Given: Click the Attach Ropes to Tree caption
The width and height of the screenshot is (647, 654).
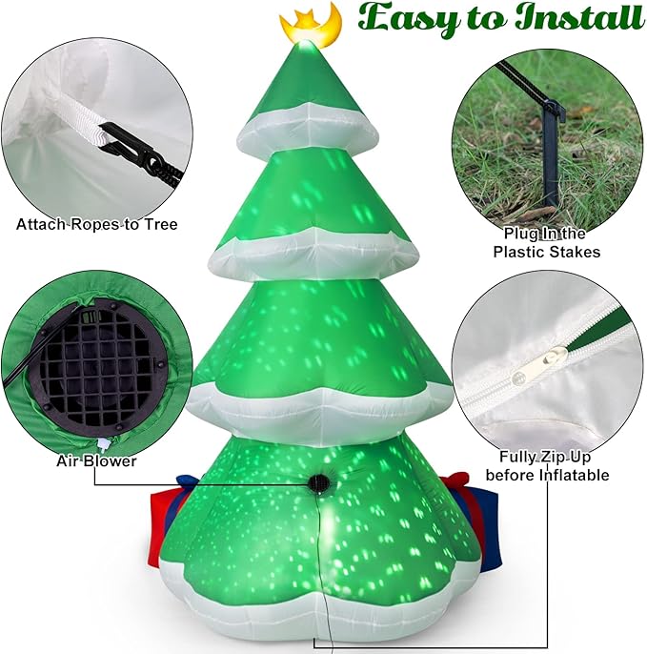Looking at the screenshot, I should point(96,225).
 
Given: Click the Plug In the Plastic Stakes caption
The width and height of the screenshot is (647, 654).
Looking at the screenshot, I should point(546,242).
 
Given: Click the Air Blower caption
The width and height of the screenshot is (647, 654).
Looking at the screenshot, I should point(95,460).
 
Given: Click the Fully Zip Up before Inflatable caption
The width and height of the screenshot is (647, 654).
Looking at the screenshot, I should point(547,466).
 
